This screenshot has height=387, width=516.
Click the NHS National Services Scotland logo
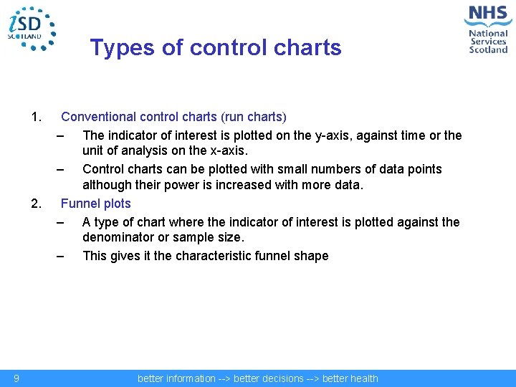pyautogui.click(x=487, y=29)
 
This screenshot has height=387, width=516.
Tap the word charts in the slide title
pyautogui.click(x=308, y=48)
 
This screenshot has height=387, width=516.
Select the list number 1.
pyautogui.click(x=37, y=117)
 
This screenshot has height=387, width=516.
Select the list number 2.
pyautogui.click(x=37, y=204)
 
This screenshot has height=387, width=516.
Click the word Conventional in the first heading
pyautogui.click(x=97, y=117)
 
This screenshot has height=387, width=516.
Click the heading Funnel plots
pyautogui.click(x=96, y=204)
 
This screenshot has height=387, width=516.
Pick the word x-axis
pyautogui.click(x=223, y=151)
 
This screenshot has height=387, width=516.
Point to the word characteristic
pyautogui.click(x=214, y=256)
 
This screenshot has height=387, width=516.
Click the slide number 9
pyautogui.click(x=16, y=378)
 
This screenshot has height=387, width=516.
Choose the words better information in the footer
pyautogui.click(x=176, y=378)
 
